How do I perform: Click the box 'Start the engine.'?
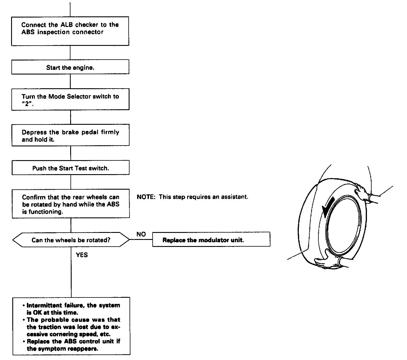point(70,67)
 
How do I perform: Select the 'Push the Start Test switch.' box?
point(70,168)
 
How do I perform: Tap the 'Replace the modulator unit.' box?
point(211,240)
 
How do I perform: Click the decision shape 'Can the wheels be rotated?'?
point(71,240)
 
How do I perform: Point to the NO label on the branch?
point(141,234)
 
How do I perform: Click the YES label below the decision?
point(82,255)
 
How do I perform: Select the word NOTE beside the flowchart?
point(145,197)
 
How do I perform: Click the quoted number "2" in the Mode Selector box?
point(27,104)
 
